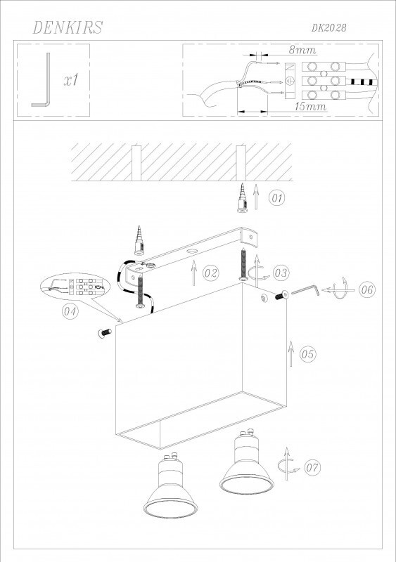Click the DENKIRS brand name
[x=68, y=27]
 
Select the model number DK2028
[x=329, y=28]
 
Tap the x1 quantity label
[x=72, y=80]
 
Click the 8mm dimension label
[x=302, y=50]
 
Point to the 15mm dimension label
[x=311, y=106]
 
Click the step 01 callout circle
[x=277, y=198]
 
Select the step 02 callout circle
[x=211, y=273]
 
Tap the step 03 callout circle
[x=281, y=273]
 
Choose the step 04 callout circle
[x=70, y=311]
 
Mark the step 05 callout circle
[x=307, y=354]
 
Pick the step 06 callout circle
[x=367, y=289]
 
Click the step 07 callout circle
[x=313, y=467]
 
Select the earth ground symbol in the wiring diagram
[x=290, y=81]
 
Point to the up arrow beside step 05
[x=290, y=353]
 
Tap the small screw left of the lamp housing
[x=105, y=332]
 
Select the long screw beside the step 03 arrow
[x=244, y=264]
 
